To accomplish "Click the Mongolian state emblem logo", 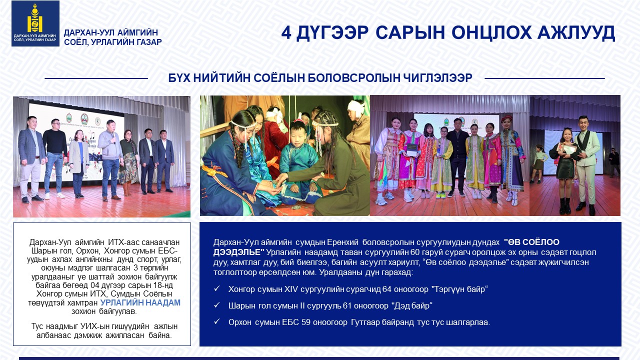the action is point(35,23).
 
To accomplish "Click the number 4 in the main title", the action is point(286,33).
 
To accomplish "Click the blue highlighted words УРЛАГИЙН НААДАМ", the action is point(140,302).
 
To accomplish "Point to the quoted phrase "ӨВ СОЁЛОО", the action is point(531,242).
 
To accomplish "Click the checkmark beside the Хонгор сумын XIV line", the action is point(217,288).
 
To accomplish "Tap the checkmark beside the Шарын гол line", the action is point(217,305).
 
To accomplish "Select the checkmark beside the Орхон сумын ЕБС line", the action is point(217,321).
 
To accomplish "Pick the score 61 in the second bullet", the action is point(347,305).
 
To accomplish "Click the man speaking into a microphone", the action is point(110,160).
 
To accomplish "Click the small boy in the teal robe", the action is point(299,160).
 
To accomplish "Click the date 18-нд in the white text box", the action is point(163,285).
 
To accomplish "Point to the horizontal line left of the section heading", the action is point(96,78).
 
